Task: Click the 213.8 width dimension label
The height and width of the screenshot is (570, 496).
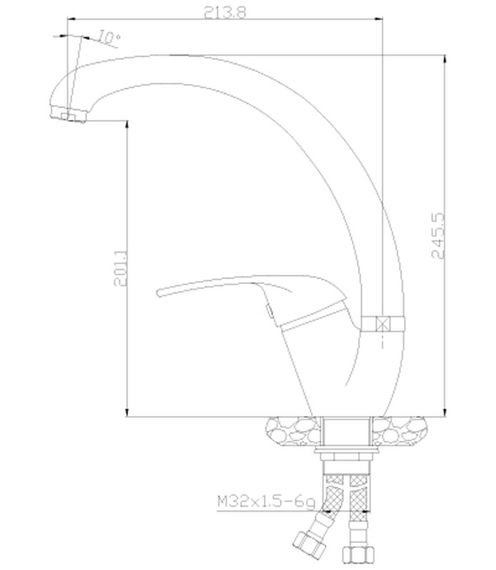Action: pyautogui.click(x=225, y=13)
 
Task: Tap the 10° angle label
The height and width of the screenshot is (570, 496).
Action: pyautogui.click(x=109, y=36)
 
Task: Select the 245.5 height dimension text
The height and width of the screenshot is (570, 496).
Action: pyautogui.click(x=438, y=235)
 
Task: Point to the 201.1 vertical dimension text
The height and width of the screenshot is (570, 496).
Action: pyautogui.click(x=121, y=268)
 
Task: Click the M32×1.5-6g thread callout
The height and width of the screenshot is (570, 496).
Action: pyautogui.click(x=266, y=502)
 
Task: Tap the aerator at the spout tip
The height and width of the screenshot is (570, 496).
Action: pyautogui.click(x=69, y=113)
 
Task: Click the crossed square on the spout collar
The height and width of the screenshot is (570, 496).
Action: pyautogui.click(x=383, y=323)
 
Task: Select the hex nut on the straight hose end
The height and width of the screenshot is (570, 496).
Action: pyautogui.click(x=358, y=555)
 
